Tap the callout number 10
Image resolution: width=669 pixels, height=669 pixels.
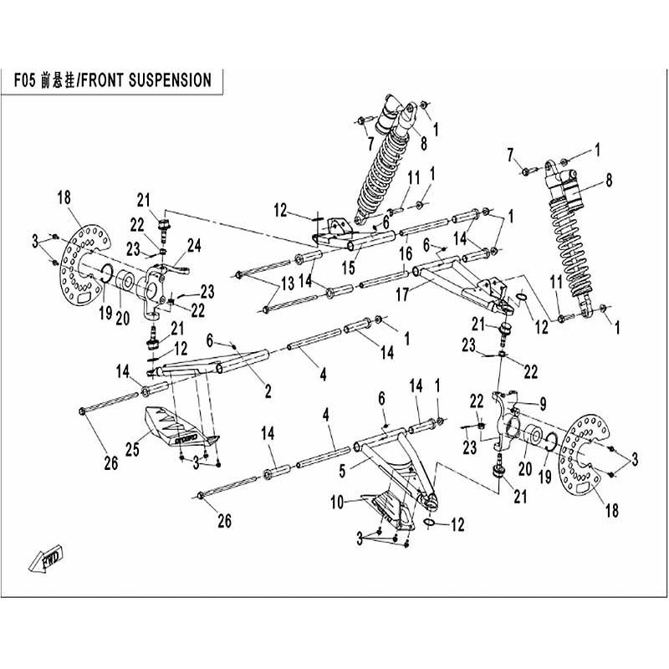pyautogui.click(x=336, y=503)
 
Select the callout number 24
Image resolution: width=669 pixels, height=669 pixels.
pyautogui.click(x=194, y=245)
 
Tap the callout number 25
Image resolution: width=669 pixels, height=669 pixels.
pyautogui.click(x=132, y=450)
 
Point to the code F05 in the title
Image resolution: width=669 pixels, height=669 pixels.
pyautogui.click(x=24, y=83)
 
